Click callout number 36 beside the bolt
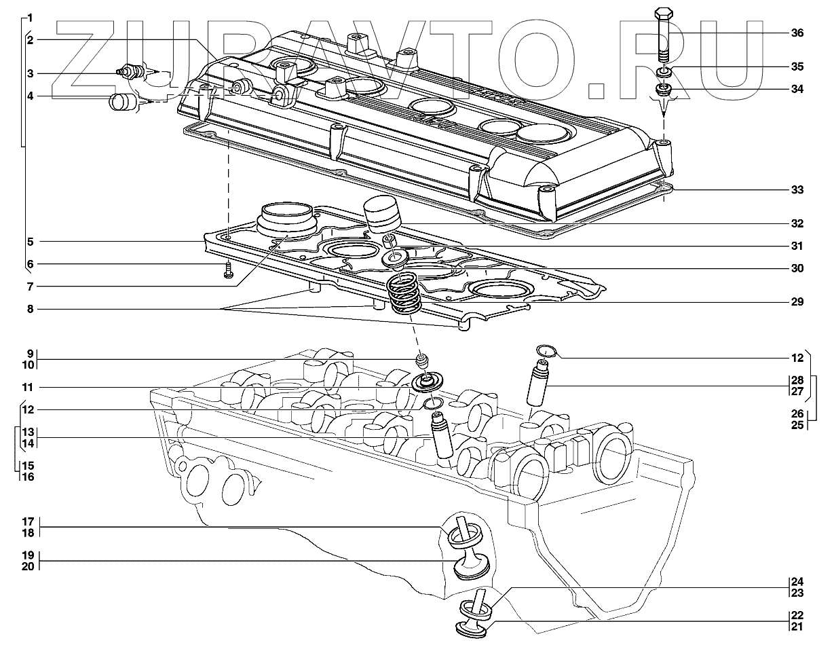pos(797,33)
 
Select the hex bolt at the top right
pos(664,31)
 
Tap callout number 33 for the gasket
pos(797,190)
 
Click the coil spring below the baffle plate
pos(404,293)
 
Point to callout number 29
pos(797,301)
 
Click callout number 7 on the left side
pos(31,285)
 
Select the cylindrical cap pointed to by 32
pos(382,214)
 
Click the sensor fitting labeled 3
pos(130,71)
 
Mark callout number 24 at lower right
pos(797,582)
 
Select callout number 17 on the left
pos(29,522)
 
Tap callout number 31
pos(797,246)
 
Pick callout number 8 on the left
pos(31,309)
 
